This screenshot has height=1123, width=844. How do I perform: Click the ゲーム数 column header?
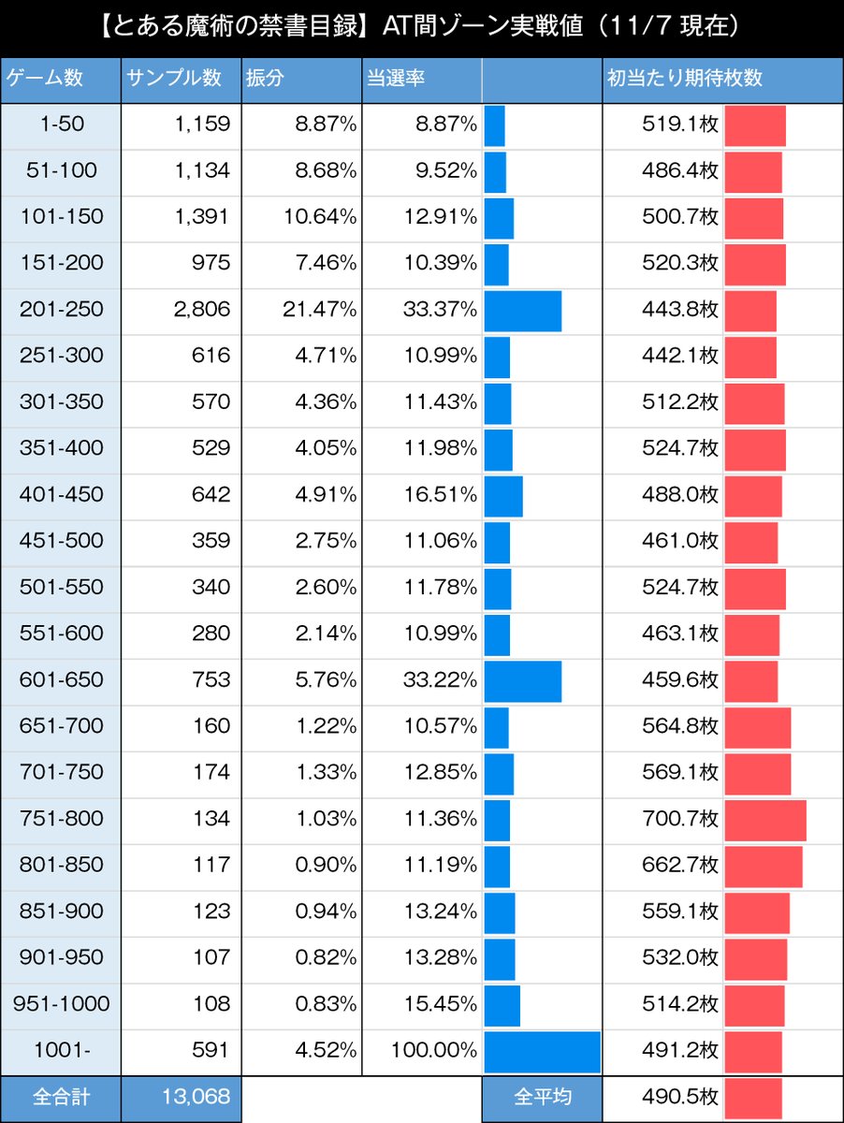[45, 79]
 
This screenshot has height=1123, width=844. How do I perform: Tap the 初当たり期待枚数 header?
[684, 79]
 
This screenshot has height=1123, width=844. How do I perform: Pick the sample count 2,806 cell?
[202, 310]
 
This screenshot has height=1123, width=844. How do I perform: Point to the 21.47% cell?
[320, 310]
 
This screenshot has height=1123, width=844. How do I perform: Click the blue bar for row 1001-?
[542, 1051]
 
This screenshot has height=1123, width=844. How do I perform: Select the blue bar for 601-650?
[523, 680]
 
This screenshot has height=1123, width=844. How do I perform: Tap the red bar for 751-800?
[764, 820]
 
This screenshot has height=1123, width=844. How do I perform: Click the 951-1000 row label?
[61, 1005]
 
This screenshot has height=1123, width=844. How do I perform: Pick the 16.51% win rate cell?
[441, 495]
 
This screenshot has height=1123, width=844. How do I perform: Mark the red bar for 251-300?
[749, 357]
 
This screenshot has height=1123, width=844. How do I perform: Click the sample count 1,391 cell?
[202, 217]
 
